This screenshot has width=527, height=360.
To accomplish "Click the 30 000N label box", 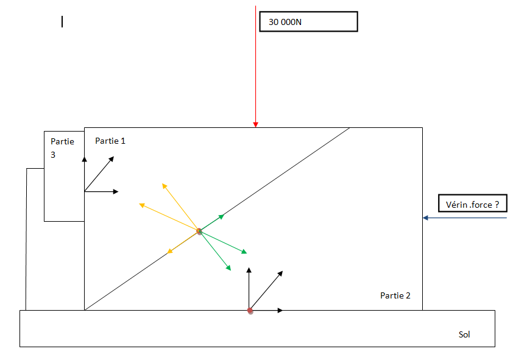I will click(308, 21).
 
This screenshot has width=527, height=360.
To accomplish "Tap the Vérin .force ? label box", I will click(472, 205).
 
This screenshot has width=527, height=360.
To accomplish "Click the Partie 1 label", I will click(110, 141).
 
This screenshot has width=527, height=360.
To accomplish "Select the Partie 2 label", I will click(395, 295).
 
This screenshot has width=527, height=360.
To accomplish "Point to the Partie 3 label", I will click(62, 148).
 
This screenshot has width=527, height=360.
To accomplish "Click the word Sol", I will click(464, 334).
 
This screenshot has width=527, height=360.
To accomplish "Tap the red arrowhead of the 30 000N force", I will click(256, 124).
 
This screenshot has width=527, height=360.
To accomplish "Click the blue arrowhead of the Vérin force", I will click(425, 217).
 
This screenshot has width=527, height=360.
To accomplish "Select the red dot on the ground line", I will click(250, 311).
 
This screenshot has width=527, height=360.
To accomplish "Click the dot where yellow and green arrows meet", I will click(199, 231).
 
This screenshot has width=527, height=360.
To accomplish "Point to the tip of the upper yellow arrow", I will click(163, 183).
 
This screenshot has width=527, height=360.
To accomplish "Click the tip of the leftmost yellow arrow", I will click(141, 205).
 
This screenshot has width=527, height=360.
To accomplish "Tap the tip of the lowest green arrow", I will click(230, 269).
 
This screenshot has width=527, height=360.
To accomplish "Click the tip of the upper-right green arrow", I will click(223, 216).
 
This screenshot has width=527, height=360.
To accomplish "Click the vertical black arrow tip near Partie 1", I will click(85, 157).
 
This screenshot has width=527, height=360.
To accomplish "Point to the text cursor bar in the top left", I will click(62, 22).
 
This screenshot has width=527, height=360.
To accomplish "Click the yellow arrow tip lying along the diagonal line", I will click(169, 252).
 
